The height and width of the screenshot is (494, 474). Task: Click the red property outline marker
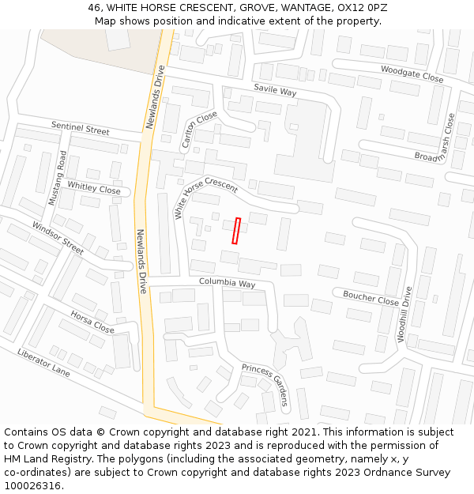236,231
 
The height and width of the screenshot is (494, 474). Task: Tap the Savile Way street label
274,91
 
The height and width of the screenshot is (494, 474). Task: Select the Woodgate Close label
412,74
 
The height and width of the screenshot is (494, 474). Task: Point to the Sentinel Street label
80,128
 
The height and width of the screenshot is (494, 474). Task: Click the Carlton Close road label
198,130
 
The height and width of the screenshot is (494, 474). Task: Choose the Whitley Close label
94,188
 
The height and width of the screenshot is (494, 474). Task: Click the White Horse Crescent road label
205,198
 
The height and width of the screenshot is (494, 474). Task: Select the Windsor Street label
58,238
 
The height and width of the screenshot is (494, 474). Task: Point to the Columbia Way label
227,283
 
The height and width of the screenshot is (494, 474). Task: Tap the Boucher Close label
371,299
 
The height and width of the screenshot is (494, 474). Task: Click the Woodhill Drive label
404,314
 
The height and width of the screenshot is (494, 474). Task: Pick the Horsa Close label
92,322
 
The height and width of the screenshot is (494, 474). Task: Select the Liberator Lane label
43,363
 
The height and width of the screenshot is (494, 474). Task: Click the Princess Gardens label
265,384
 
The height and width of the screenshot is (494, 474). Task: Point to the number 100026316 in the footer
32,485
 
